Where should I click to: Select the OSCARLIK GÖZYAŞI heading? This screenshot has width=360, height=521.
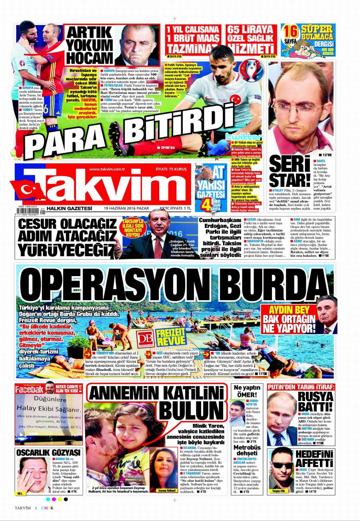(x=49, y=452)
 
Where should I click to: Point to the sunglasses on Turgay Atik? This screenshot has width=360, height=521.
(x=282, y=465)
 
